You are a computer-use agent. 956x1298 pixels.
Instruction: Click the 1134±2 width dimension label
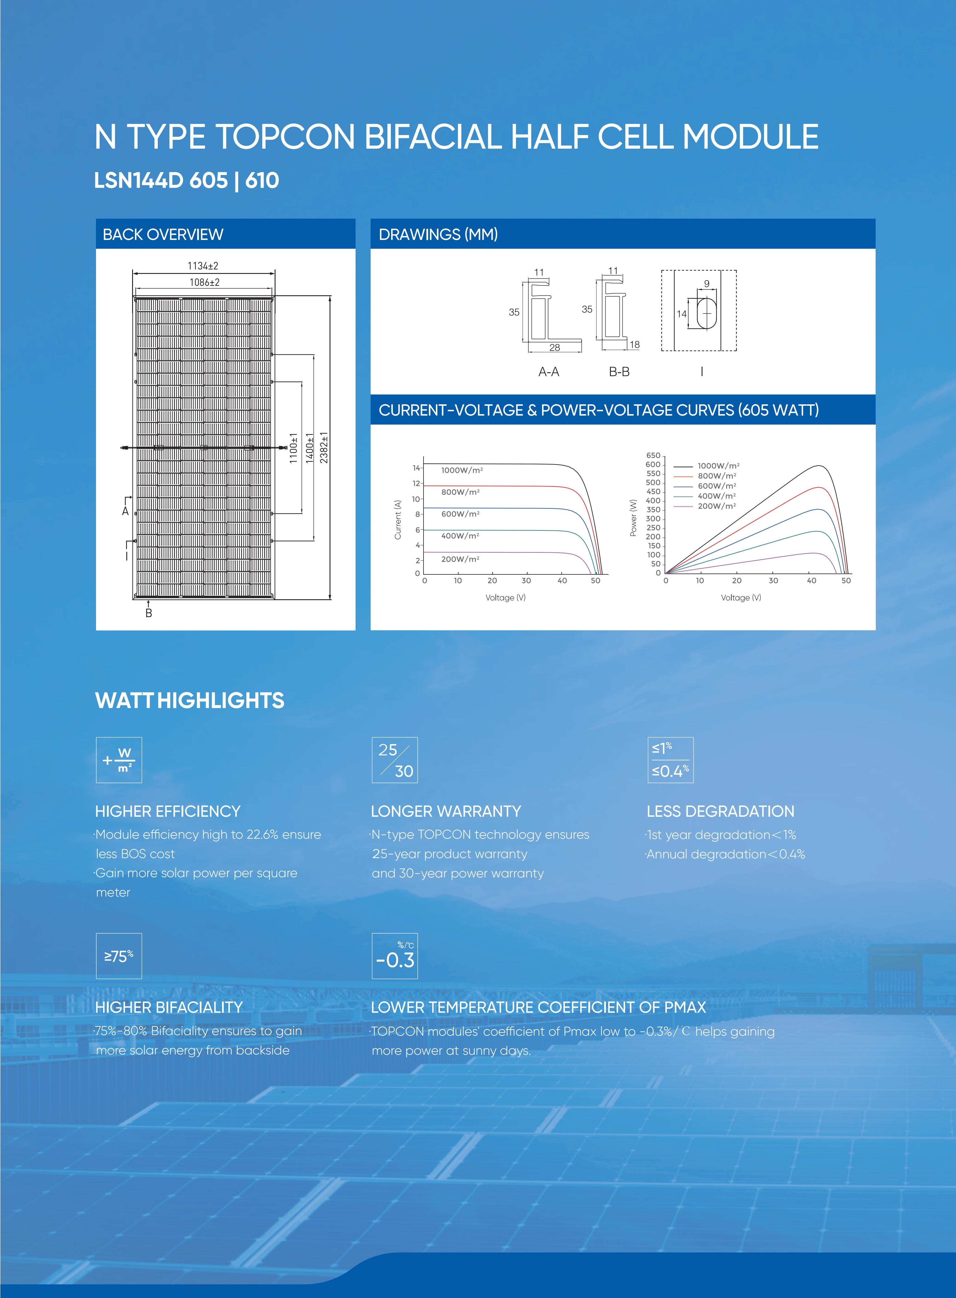point(203,266)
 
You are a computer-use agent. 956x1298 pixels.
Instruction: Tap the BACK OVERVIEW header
point(163,235)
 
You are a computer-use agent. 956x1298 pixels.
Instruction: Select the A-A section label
point(549,372)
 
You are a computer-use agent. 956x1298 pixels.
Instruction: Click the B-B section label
point(619,372)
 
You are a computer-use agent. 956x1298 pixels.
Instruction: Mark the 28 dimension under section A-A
point(554,347)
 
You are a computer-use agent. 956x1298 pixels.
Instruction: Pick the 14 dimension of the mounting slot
point(682,314)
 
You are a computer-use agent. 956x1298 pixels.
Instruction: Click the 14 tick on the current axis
point(416,468)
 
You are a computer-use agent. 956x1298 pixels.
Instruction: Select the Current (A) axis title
point(397,520)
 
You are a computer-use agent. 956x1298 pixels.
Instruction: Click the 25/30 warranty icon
point(395,760)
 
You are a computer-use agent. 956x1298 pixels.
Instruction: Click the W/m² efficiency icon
point(119,760)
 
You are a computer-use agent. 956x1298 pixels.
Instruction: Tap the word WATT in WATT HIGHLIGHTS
point(124,700)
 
